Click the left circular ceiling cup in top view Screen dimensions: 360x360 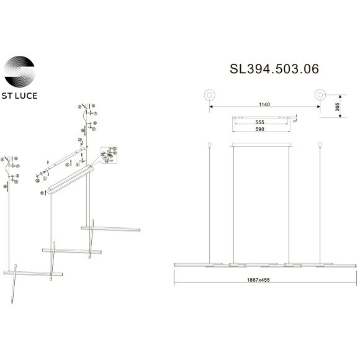[x=210, y=94]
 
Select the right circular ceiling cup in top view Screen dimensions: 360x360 [x=320, y=94]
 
